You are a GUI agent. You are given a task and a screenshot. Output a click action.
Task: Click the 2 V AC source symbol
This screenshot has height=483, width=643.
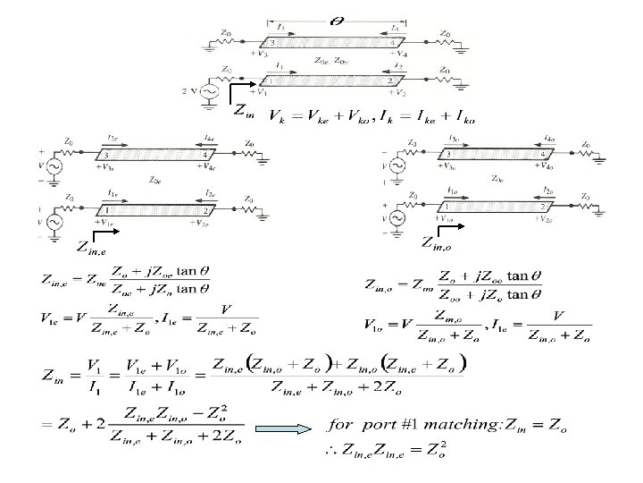(211, 90)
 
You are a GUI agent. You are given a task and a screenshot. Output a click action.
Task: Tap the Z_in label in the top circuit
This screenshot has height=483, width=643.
(243, 112)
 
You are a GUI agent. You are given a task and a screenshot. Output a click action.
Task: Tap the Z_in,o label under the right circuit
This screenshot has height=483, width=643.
(444, 240)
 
